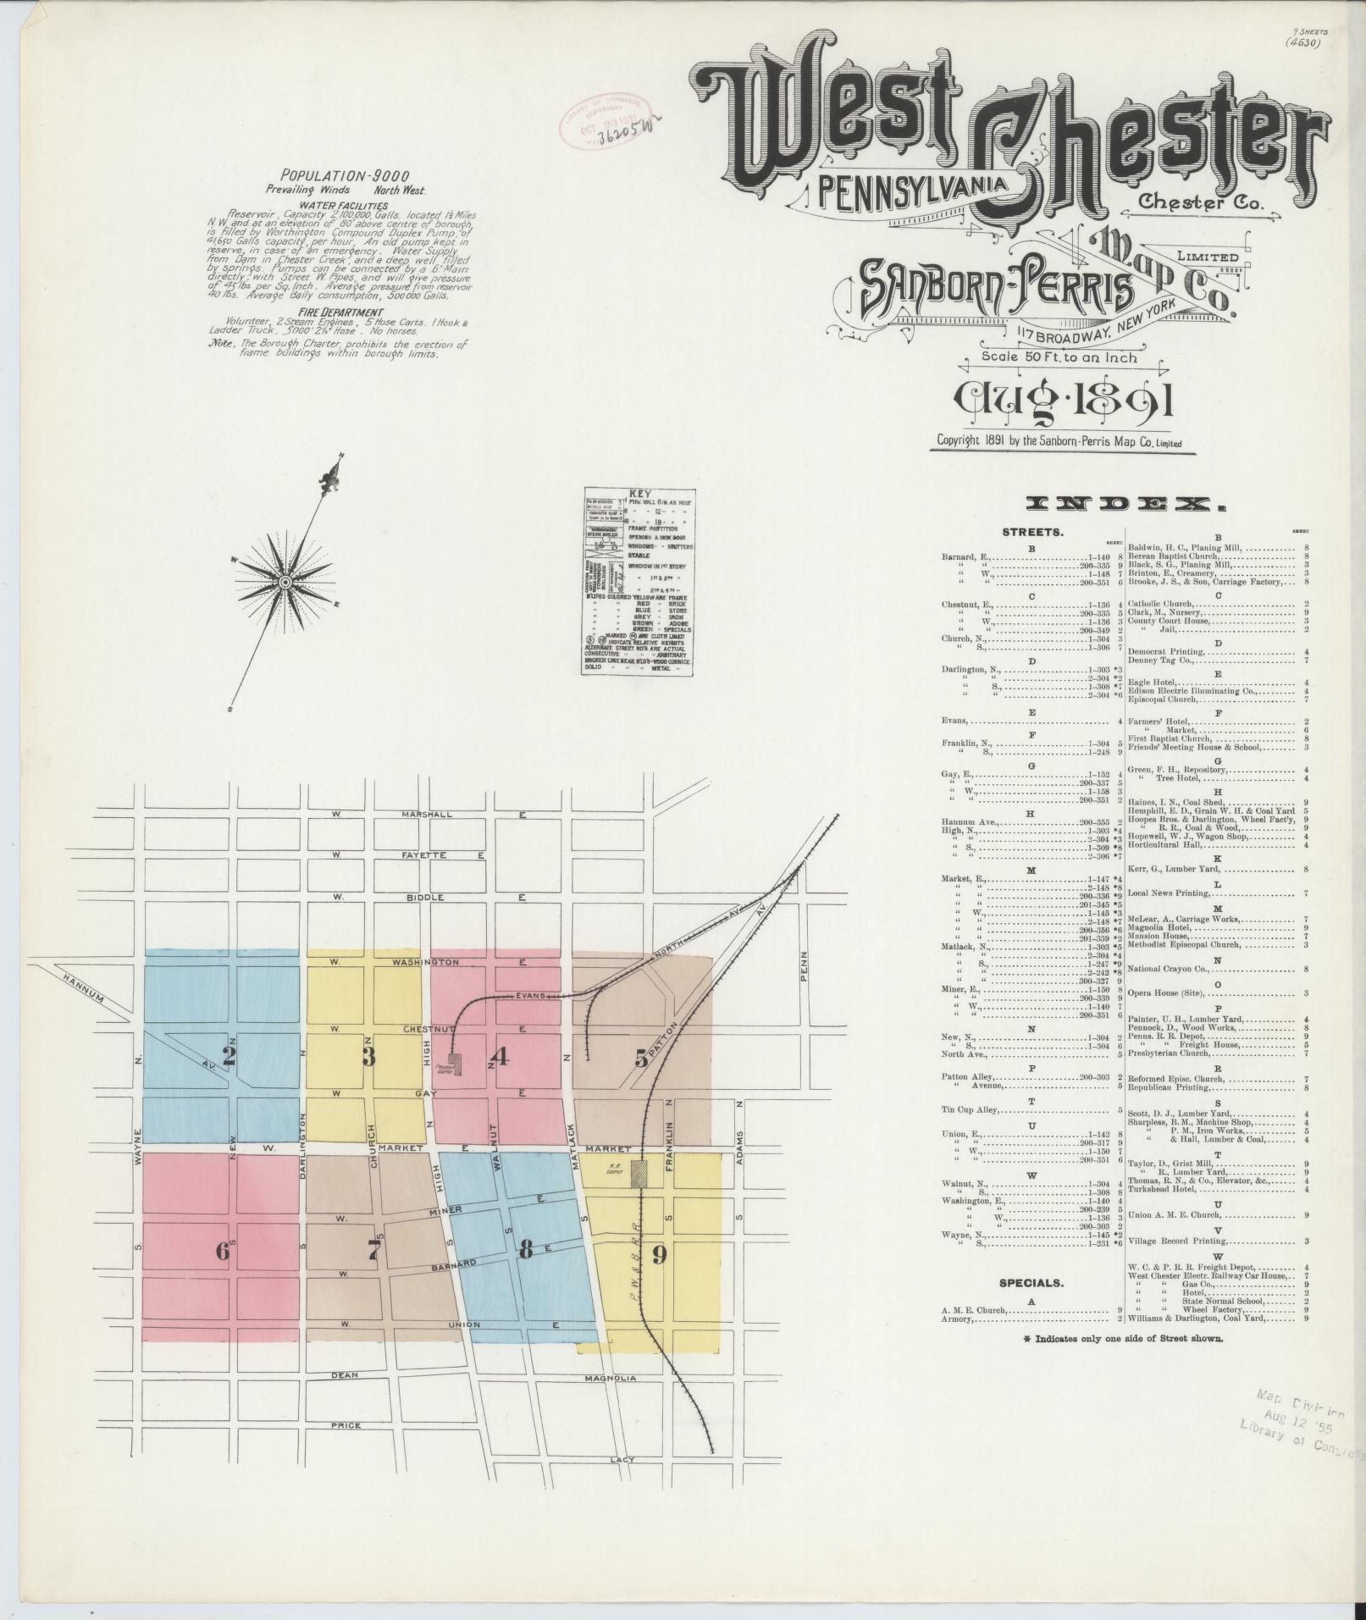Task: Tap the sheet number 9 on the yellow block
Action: point(661,1254)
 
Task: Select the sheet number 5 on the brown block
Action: point(642,1058)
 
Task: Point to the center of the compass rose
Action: point(285,583)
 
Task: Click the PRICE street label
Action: point(345,1425)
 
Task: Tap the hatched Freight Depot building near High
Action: point(456,1064)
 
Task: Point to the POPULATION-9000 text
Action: point(335,177)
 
